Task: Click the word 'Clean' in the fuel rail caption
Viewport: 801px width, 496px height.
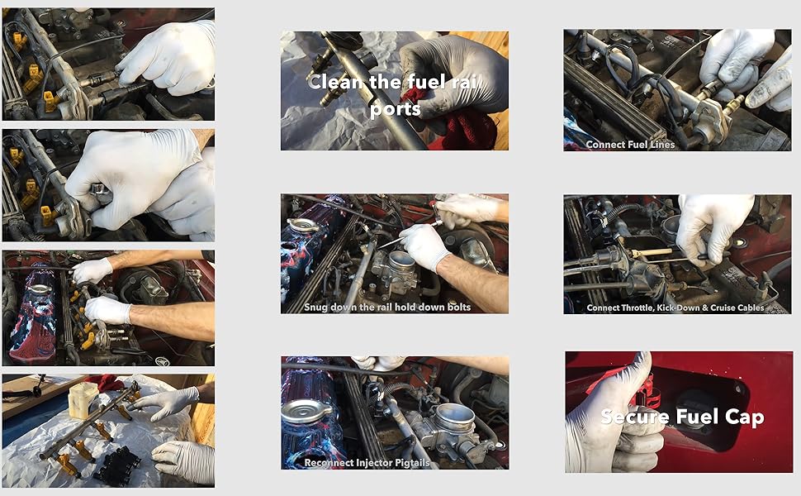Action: [x=335, y=82]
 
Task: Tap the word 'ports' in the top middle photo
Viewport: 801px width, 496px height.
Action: [x=395, y=107]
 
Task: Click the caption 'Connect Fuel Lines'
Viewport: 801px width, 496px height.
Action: [x=630, y=144]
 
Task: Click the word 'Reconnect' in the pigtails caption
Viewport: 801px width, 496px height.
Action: [x=332, y=463]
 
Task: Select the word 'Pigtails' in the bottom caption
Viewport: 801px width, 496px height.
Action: [x=410, y=463]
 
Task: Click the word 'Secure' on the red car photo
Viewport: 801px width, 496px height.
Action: [x=634, y=416]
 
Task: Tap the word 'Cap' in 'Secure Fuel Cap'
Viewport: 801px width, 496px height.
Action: [x=746, y=416]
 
